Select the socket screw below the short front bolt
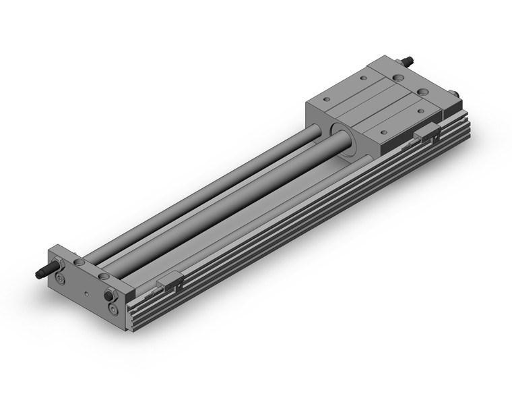click(112, 310)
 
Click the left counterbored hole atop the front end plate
click(80, 261)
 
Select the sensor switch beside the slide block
click(428, 134)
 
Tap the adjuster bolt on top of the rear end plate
click(406, 61)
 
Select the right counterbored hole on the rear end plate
click(422, 92)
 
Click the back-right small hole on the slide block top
click(422, 110)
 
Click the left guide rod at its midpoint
click(202, 196)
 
